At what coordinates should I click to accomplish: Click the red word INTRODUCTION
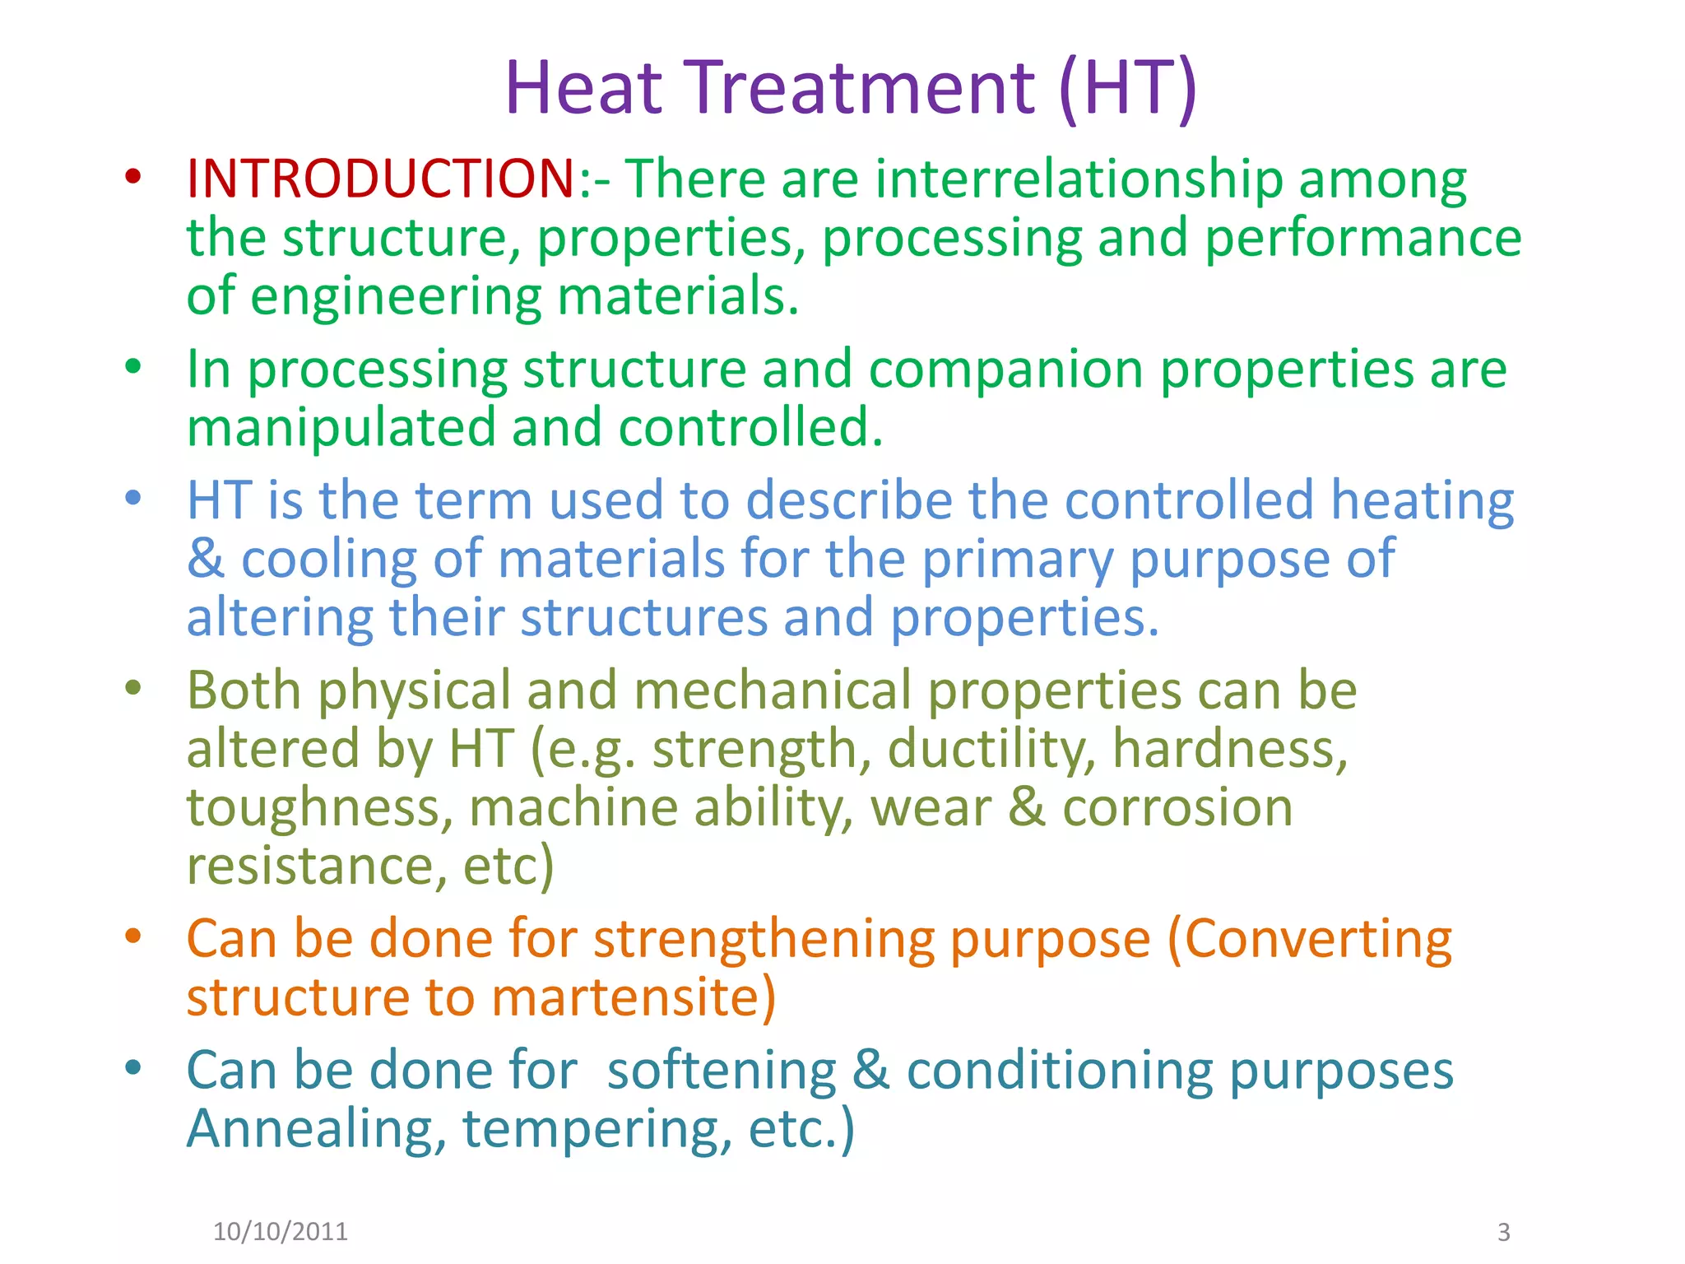(380, 179)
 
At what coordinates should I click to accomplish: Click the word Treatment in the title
(861, 88)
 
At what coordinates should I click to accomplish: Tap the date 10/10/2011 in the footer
(281, 1231)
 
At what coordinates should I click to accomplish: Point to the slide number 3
(1503, 1232)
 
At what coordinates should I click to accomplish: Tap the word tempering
(596, 1129)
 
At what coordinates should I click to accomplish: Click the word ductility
(991, 749)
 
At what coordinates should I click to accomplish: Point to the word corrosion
(1177, 807)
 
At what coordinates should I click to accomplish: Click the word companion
(1005, 369)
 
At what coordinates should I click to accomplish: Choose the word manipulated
(341, 428)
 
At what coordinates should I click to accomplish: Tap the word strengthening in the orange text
(764, 939)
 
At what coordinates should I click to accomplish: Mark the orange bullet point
(133, 936)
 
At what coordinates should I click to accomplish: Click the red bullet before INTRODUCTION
(133, 175)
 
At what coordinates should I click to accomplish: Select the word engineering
(396, 296)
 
